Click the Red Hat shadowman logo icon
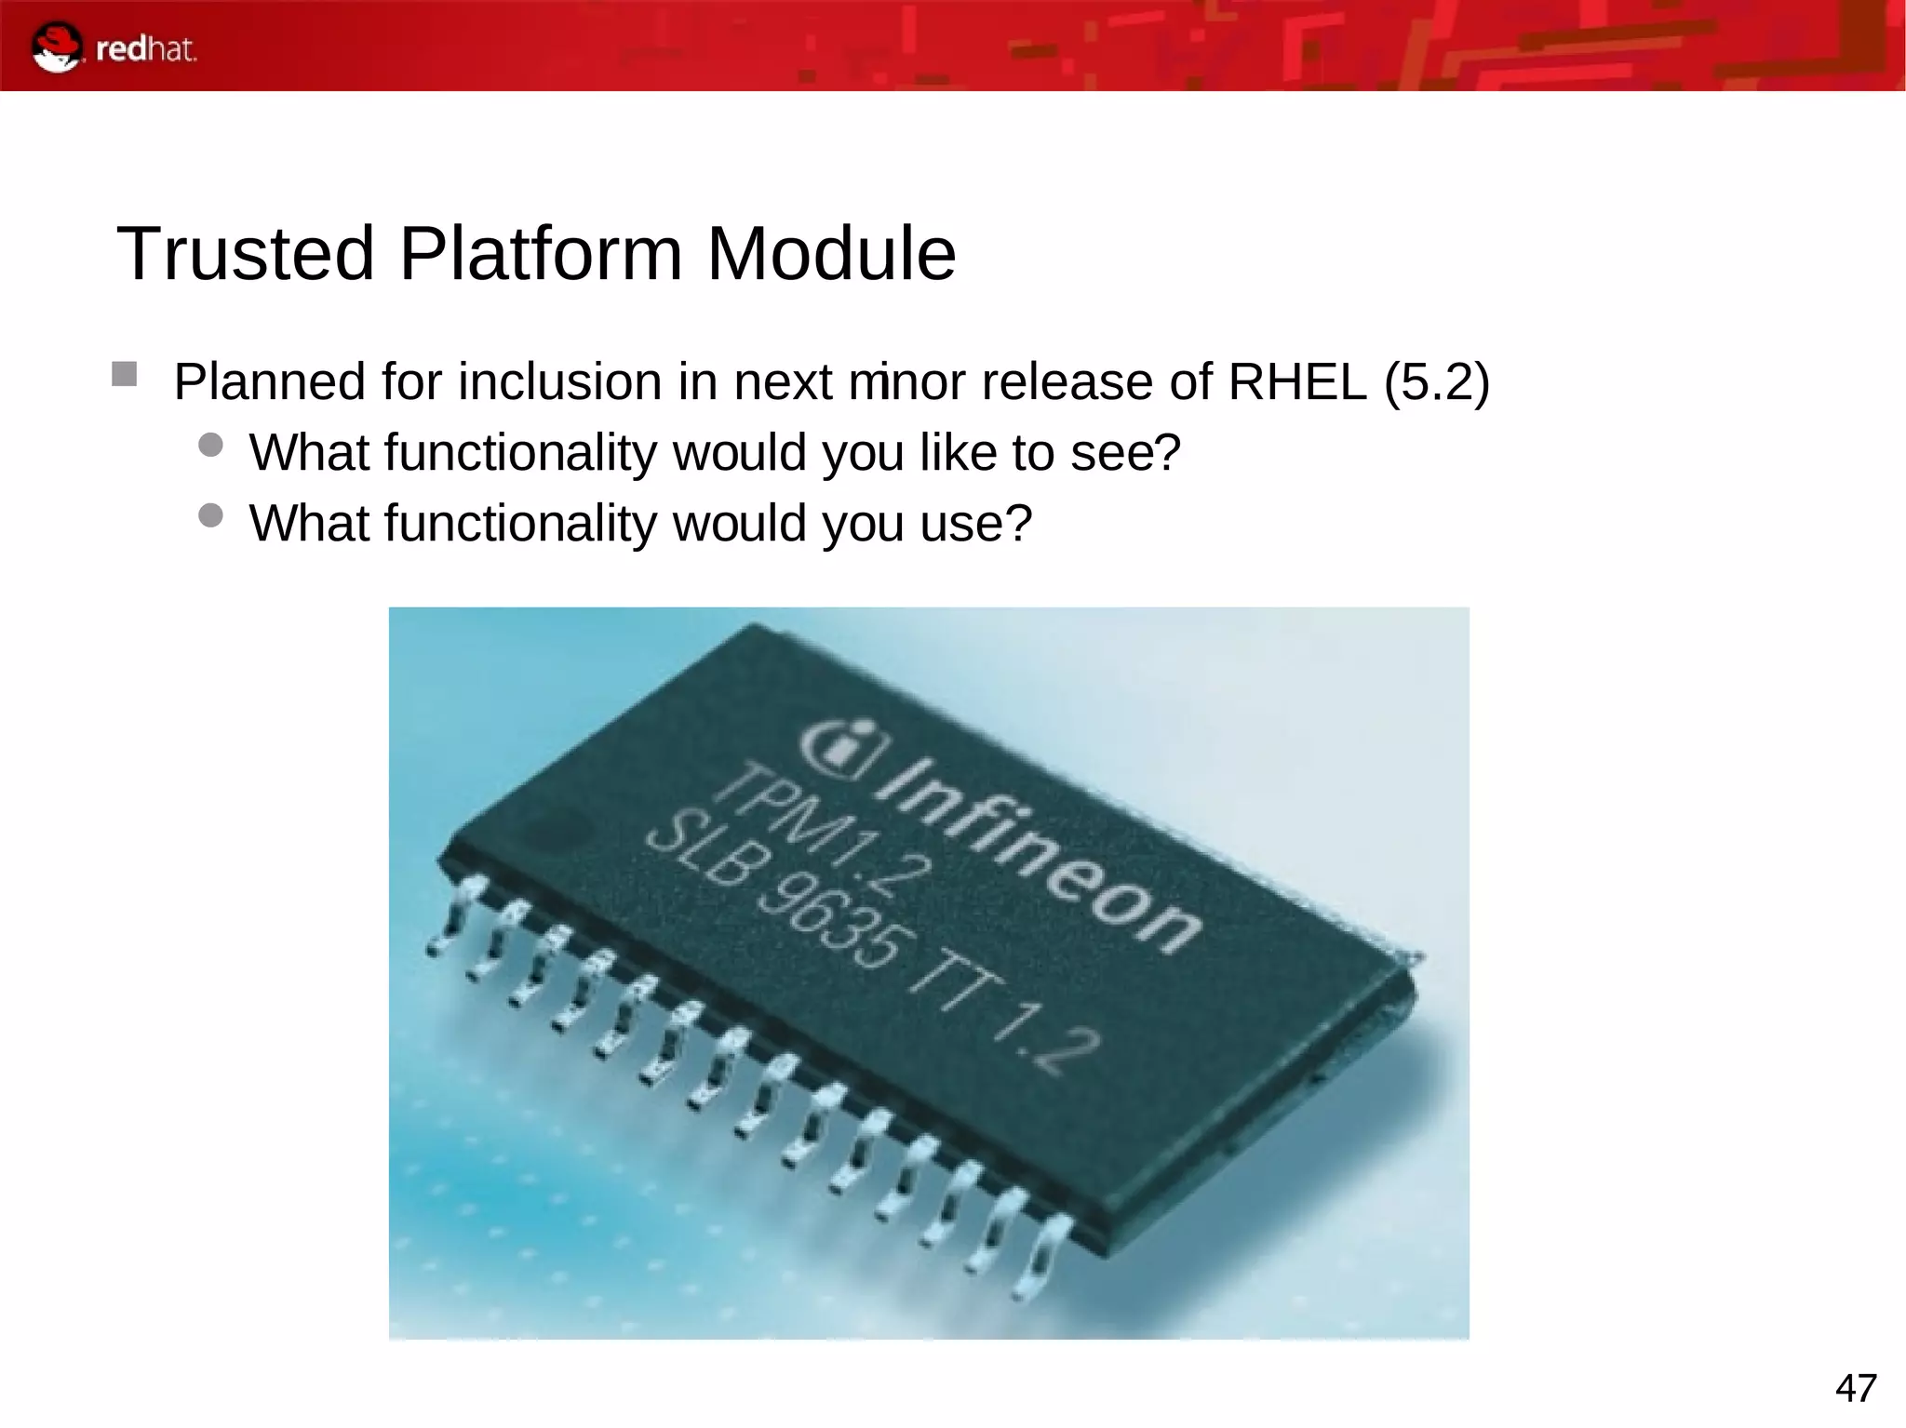point(56,48)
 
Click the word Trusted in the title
point(245,253)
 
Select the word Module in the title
point(831,253)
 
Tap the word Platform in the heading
point(541,253)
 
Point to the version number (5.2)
point(1437,382)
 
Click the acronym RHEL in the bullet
point(1297,382)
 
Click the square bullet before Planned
point(124,375)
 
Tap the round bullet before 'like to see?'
point(211,445)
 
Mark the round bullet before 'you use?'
point(211,515)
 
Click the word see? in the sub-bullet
point(1125,453)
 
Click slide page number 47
point(1856,1388)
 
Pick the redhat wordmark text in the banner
point(146,49)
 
